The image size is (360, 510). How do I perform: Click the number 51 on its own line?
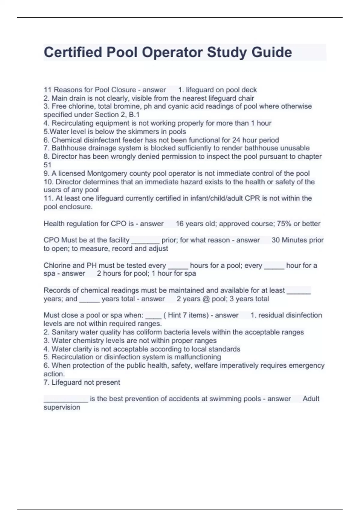pos(47,165)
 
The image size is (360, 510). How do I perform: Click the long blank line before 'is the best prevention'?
pos(66,399)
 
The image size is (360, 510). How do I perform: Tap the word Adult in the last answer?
pos(311,399)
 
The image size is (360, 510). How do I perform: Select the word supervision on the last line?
pos(62,407)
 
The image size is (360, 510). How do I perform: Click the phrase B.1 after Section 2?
pos(134,115)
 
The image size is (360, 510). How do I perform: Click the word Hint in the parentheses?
pos(174,315)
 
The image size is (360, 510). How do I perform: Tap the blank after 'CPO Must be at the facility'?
pos(145,241)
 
